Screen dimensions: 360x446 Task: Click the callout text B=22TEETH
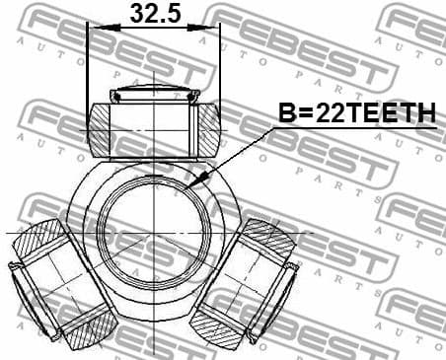tap(356, 114)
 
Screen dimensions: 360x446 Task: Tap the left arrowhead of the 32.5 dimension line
tap(94, 27)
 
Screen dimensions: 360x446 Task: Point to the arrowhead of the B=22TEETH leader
tap(198, 182)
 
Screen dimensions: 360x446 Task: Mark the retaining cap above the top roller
tap(155, 95)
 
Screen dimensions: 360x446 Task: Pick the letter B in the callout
tap(286, 114)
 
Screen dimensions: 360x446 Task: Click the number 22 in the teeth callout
tap(325, 114)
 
